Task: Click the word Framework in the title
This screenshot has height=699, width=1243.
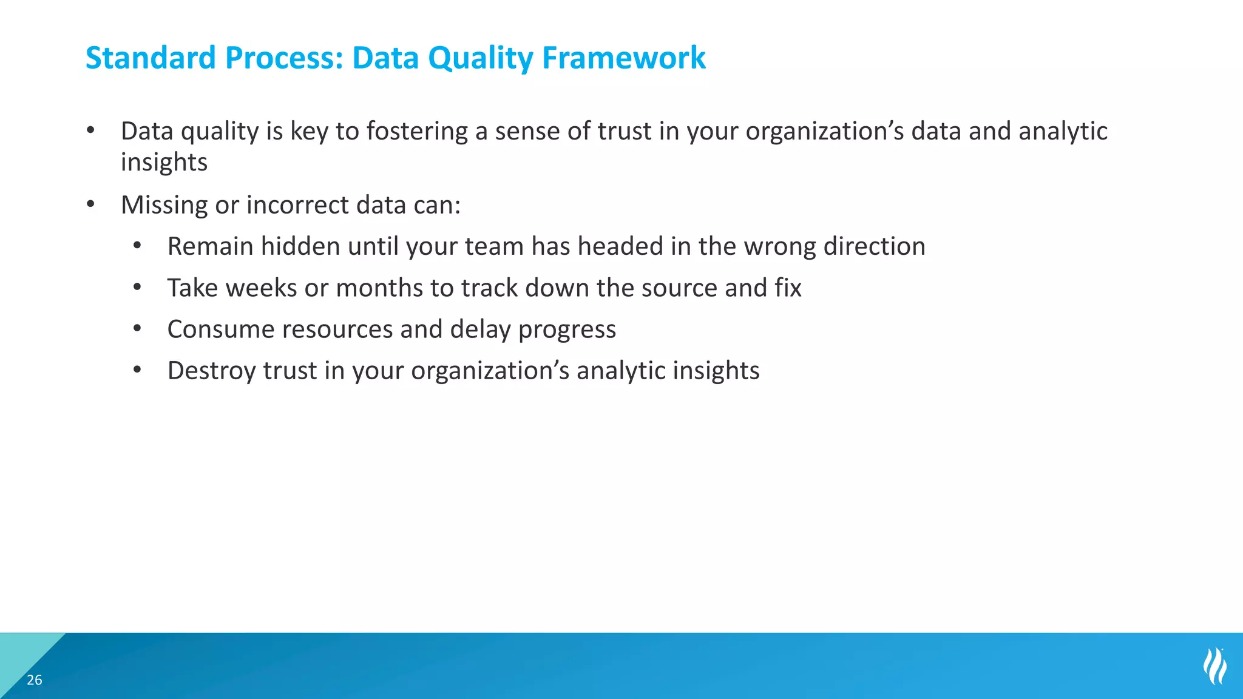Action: (623, 58)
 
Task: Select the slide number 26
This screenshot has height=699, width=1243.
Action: (35, 680)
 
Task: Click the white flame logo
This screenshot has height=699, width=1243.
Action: (1214, 666)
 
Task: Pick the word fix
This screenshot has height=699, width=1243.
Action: (788, 288)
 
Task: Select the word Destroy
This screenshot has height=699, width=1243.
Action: (211, 371)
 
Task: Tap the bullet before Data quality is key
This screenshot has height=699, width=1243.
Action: (91, 130)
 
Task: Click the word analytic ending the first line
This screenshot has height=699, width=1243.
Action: (1063, 132)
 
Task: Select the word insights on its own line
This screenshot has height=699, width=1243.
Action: (164, 163)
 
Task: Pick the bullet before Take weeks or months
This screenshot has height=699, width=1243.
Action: (138, 288)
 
